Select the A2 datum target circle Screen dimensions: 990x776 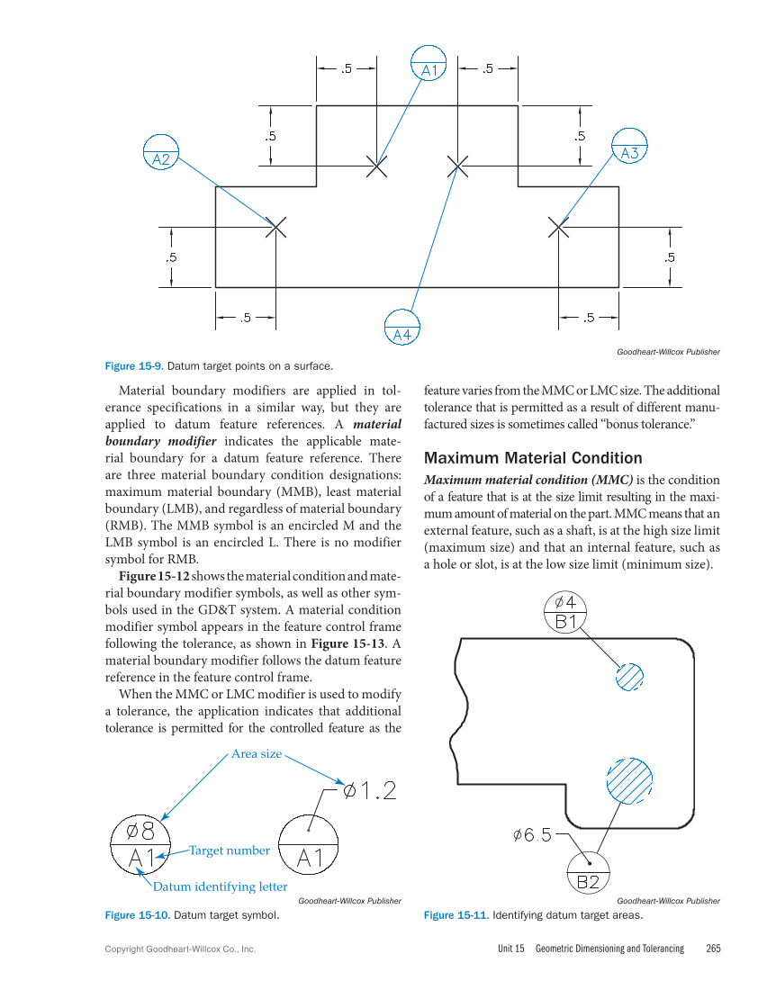coord(161,152)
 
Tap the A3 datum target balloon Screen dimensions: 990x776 coord(629,146)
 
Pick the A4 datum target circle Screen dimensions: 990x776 coord(402,328)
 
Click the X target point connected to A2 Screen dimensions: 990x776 coord(275,227)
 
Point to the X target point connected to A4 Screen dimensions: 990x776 coord(458,166)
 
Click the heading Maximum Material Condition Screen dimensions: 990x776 coord(533,458)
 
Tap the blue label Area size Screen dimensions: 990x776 coord(257,753)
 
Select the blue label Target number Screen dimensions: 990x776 coord(229,850)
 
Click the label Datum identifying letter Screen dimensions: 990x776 coord(221,886)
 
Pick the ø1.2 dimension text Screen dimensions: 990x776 coord(370,791)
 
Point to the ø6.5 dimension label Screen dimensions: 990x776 coord(532,835)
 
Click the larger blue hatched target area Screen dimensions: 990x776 coord(628,779)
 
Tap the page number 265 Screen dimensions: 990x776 coord(714,949)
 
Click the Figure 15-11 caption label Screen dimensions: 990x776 coord(456,915)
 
